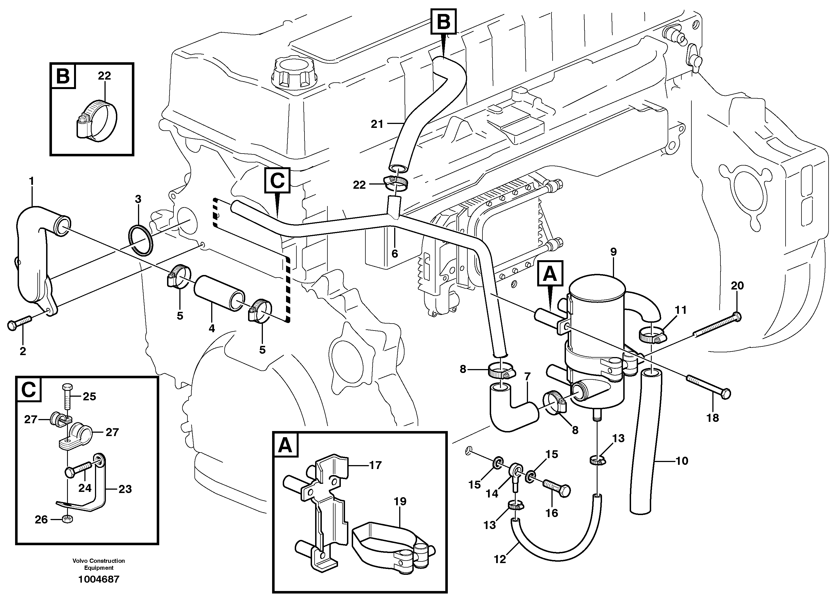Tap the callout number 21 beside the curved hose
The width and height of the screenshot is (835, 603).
pyautogui.click(x=377, y=124)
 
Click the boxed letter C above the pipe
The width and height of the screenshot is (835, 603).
pyautogui.click(x=277, y=181)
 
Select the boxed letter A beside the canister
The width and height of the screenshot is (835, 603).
pyautogui.click(x=550, y=273)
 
